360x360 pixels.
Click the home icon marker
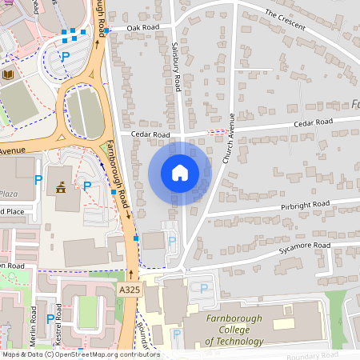click(x=180, y=173)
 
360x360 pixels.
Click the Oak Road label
click(x=137, y=27)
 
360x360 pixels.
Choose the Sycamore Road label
click(x=305, y=246)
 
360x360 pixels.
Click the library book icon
click(x=9, y=74)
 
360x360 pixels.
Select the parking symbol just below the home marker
click(x=171, y=241)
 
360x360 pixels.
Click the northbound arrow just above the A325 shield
click(x=130, y=274)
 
